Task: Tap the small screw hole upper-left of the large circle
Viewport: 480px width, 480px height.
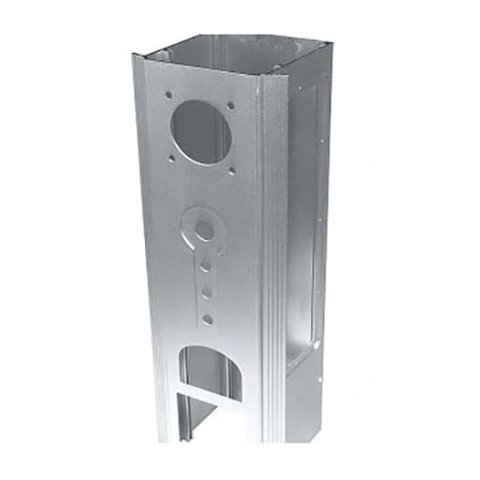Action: point(168,95)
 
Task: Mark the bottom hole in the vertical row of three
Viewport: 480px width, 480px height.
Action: point(207,318)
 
